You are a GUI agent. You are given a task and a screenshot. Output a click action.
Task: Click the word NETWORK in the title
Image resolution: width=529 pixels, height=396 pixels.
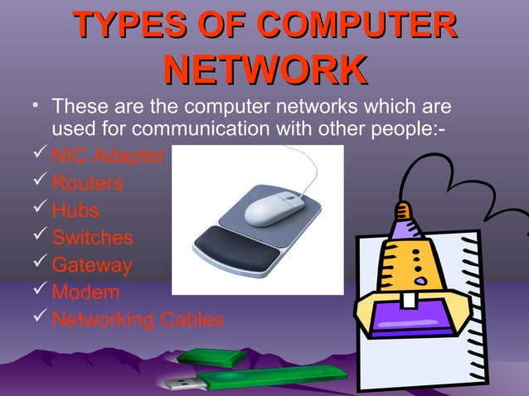[264, 70]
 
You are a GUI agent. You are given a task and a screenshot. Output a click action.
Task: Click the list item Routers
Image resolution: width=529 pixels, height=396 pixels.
[87, 183]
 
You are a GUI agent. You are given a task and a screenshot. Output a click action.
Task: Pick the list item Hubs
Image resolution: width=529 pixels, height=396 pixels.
[75, 210]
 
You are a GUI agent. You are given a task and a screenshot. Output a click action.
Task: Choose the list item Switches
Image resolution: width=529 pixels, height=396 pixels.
[92, 238]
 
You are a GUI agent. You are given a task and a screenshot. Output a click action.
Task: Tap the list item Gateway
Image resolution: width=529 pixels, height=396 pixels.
[91, 265]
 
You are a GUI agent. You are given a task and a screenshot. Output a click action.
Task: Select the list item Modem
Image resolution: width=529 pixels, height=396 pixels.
[85, 292]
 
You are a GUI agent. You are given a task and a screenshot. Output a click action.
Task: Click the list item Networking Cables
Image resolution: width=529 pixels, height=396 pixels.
[137, 320]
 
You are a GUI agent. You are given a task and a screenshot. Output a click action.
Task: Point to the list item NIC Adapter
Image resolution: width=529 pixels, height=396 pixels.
[108, 156]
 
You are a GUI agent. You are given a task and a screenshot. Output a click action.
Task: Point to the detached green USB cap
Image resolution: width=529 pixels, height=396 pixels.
[213, 359]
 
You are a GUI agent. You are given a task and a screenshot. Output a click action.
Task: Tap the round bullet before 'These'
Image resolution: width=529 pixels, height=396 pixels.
[29, 106]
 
